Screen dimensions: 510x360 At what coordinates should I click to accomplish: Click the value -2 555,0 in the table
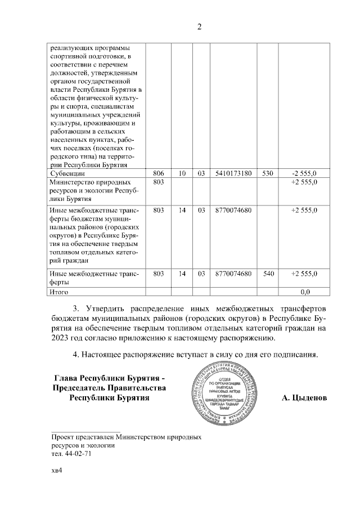coord(304,173)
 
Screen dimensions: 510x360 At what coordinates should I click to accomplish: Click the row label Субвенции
coord(67,173)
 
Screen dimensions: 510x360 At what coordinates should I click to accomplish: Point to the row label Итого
coord(60,292)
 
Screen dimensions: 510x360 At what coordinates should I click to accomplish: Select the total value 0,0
coord(305,292)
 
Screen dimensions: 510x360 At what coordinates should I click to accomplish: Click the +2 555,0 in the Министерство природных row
coord(304,183)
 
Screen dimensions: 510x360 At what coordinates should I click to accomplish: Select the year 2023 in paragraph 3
coord(61,338)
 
